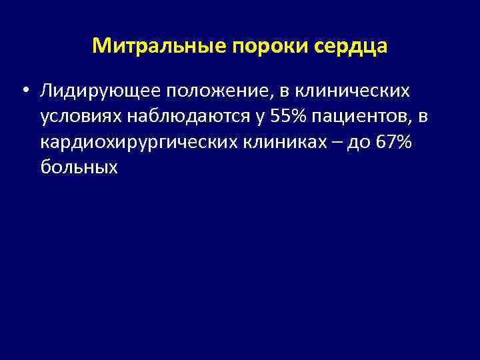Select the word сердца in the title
349,46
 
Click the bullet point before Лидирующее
25,91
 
